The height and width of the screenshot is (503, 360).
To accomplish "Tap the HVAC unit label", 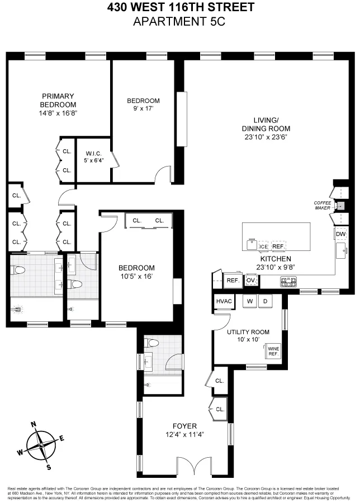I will pos(223,302).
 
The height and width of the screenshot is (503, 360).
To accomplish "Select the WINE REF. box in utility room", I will pos(273,351).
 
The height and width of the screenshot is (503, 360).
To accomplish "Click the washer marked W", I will pos(250,302).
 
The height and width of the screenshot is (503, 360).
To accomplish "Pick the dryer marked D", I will pos(266,302).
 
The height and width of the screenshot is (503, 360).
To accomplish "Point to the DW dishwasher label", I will pos(340,234).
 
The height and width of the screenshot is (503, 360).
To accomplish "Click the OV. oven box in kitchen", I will pos(251,280).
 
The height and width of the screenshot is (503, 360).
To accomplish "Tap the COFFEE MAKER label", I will pos(323,205).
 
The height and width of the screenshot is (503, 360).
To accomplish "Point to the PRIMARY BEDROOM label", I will pos(58,100).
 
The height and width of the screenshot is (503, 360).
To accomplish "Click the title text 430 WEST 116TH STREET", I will pos(180,8).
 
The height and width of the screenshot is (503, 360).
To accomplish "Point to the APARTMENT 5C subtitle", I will pos(180,22).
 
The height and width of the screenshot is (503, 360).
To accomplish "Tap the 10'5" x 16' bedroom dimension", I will pos(136,276).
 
